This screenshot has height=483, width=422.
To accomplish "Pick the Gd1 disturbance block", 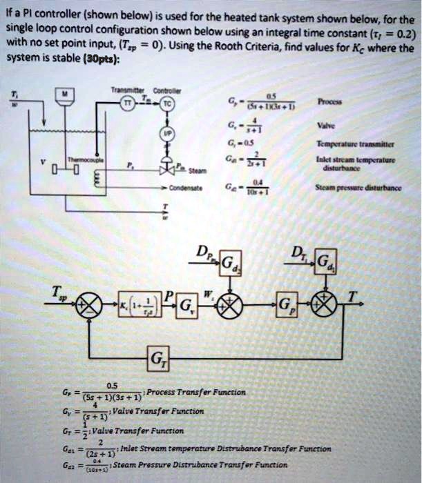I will pos(325,260).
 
